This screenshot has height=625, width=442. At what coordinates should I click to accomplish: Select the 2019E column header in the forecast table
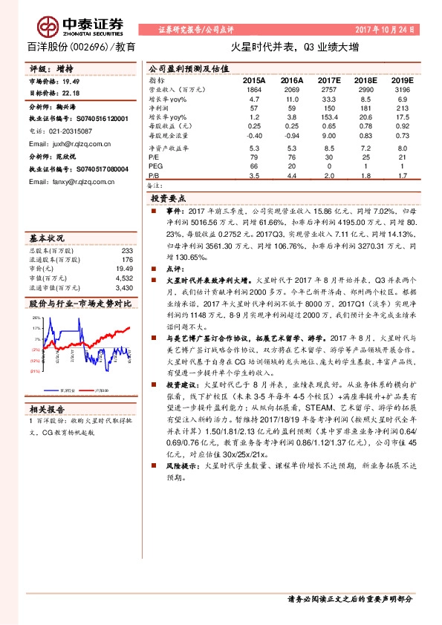[403, 79]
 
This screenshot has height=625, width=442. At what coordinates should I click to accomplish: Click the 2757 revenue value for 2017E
[328, 88]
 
